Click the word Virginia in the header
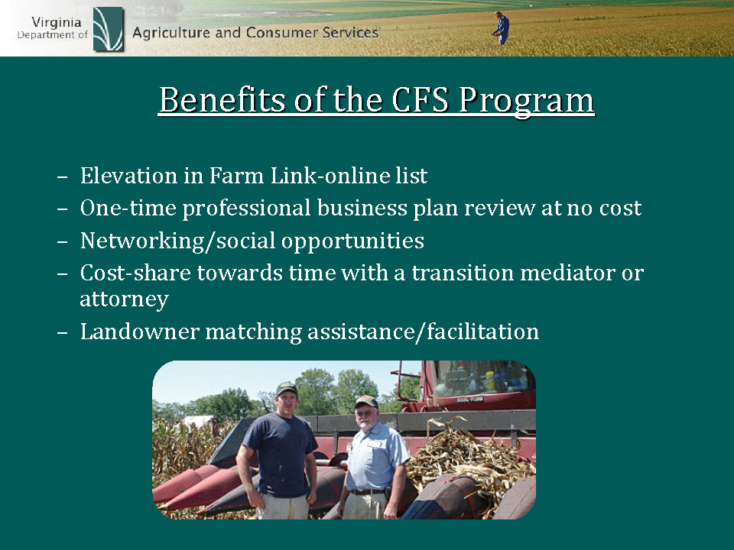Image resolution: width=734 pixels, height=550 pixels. [x=56, y=23]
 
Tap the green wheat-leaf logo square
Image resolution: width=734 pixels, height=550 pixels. [x=108, y=29]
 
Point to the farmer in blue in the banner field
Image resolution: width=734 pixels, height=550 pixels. [x=502, y=28]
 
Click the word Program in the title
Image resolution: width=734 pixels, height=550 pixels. [x=526, y=102]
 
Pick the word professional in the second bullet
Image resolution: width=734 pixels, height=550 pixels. [x=246, y=209]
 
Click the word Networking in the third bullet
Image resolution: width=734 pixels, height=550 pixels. [x=142, y=241]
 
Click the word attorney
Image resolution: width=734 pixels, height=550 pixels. [x=124, y=299]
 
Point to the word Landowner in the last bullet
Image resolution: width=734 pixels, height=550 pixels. [x=139, y=332]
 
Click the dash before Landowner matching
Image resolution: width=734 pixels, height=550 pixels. [x=62, y=333]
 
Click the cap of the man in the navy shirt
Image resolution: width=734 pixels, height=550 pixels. [x=287, y=388]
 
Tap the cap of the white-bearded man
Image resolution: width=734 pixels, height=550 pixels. [x=366, y=401]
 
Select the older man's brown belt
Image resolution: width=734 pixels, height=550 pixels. [x=369, y=491]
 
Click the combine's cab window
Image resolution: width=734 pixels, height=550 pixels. [x=482, y=377]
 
